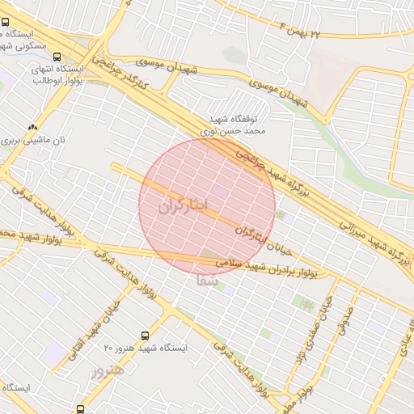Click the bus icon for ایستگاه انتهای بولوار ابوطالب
tap(57, 57)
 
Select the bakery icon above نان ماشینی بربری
tap(32, 127)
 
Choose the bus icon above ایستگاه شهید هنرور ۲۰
tap(145, 335)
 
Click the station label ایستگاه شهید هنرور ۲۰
tap(146, 348)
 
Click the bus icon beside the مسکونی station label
tap(6, 23)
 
